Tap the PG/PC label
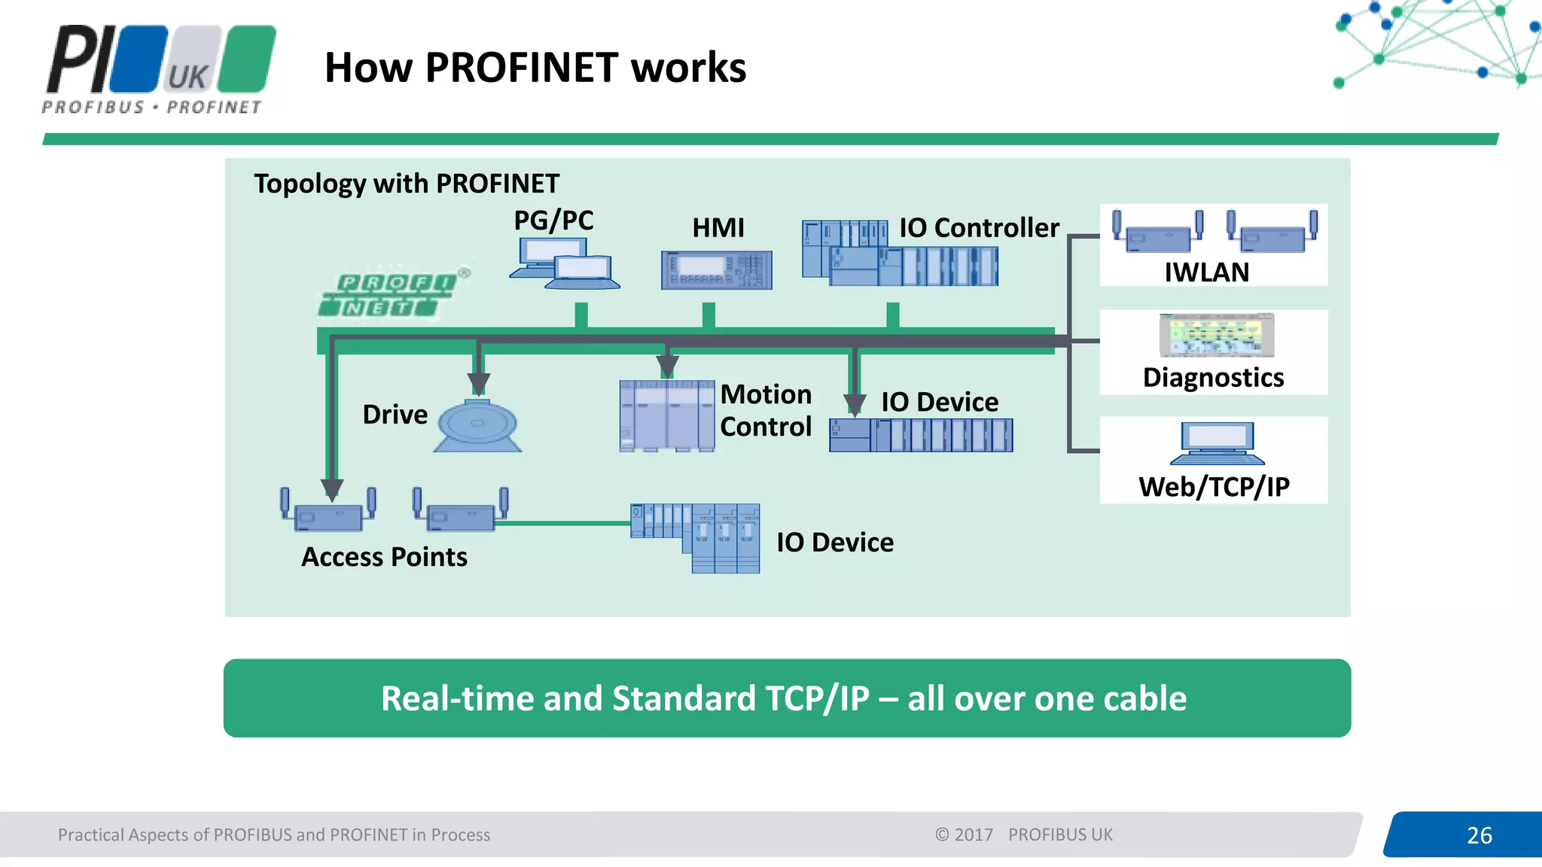tap(553, 221)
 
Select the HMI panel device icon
tap(716, 270)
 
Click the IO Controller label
tap(979, 227)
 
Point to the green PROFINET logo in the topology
tap(389, 294)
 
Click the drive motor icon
tap(477, 426)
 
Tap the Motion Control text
tap(766, 410)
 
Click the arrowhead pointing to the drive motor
tap(479, 384)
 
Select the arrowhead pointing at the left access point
tap(332, 490)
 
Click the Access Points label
tap(384, 557)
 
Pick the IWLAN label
tap(1206, 272)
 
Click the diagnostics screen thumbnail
tap(1216, 336)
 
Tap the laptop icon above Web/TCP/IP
tap(1217, 443)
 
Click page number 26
tap(1479, 835)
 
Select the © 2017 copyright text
tap(964, 835)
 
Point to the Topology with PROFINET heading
tap(407, 184)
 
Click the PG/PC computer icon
tap(565, 263)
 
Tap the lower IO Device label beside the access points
tap(834, 543)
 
